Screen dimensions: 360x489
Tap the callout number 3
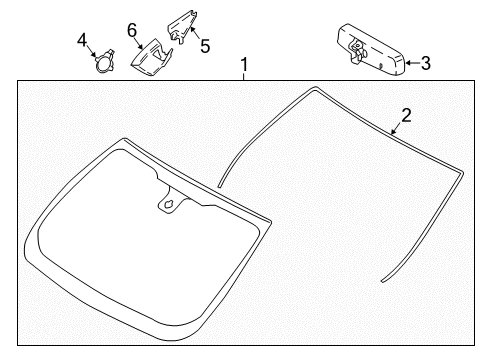coord(425,64)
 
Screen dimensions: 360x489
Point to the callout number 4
coord(83,40)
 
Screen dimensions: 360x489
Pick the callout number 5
coord(206,45)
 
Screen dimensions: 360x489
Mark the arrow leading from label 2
coord(393,128)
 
